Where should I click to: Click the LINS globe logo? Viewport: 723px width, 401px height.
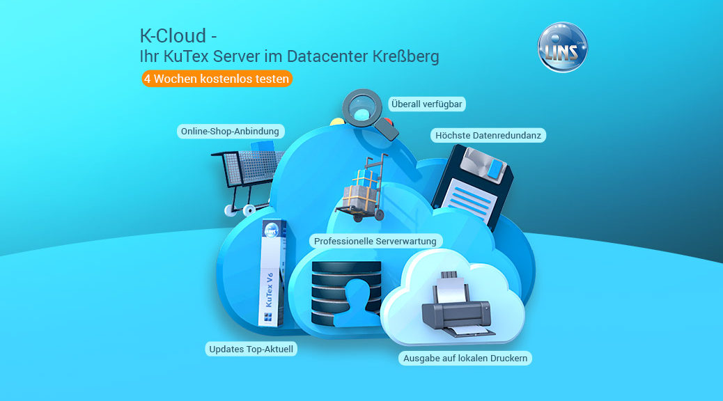563,47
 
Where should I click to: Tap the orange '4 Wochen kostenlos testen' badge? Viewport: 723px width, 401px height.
216,79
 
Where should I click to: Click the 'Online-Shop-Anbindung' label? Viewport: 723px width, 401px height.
230,131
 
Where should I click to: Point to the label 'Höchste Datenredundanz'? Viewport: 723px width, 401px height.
488,135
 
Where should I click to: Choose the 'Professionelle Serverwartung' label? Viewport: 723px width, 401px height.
375,241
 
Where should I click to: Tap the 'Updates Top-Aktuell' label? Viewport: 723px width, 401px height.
251,349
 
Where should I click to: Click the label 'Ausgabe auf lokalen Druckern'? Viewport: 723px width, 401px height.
466,358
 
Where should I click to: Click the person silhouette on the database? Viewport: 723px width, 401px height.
359,303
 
